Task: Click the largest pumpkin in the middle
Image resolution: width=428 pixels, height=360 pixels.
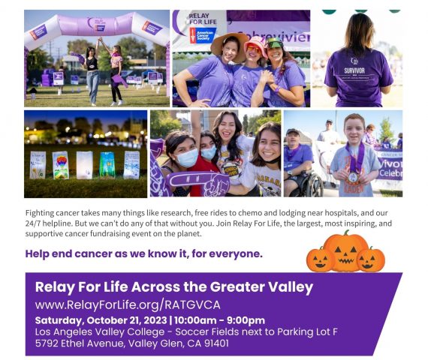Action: pos(345,252)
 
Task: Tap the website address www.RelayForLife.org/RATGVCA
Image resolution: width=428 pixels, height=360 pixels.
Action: pos(128,305)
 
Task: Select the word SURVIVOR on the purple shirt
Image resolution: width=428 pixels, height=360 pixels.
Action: pos(354,70)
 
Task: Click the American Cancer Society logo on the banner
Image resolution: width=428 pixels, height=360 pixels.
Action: pos(203,35)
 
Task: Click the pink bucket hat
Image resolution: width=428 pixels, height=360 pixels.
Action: pos(256,45)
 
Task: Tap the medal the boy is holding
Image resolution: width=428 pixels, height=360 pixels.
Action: pos(353,178)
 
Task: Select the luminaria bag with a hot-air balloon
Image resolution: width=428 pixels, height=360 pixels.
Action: pos(60,166)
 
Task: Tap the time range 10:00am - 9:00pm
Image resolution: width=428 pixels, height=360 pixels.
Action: pos(219,320)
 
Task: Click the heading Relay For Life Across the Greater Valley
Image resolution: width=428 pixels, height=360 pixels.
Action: pos(174,287)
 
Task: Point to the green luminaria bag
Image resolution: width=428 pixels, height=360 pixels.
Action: pos(107,164)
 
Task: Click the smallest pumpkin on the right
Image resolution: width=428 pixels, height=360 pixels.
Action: pos(370,259)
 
